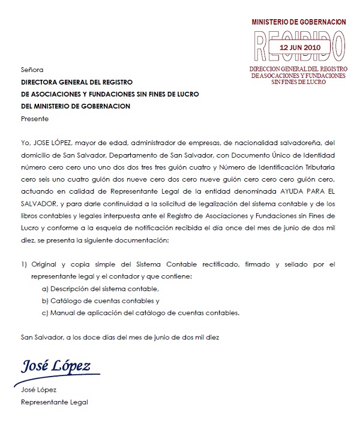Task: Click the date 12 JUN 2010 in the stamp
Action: [300, 46]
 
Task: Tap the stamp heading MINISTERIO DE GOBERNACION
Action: [299, 22]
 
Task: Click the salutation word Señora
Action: [32, 70]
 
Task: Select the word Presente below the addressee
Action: [35, 118]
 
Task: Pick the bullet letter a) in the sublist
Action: [45, 288]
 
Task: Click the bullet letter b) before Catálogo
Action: [45, 300]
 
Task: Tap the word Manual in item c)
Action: [65, 312]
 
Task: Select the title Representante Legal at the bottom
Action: [54, 402]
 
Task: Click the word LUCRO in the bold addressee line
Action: [186, 94]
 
